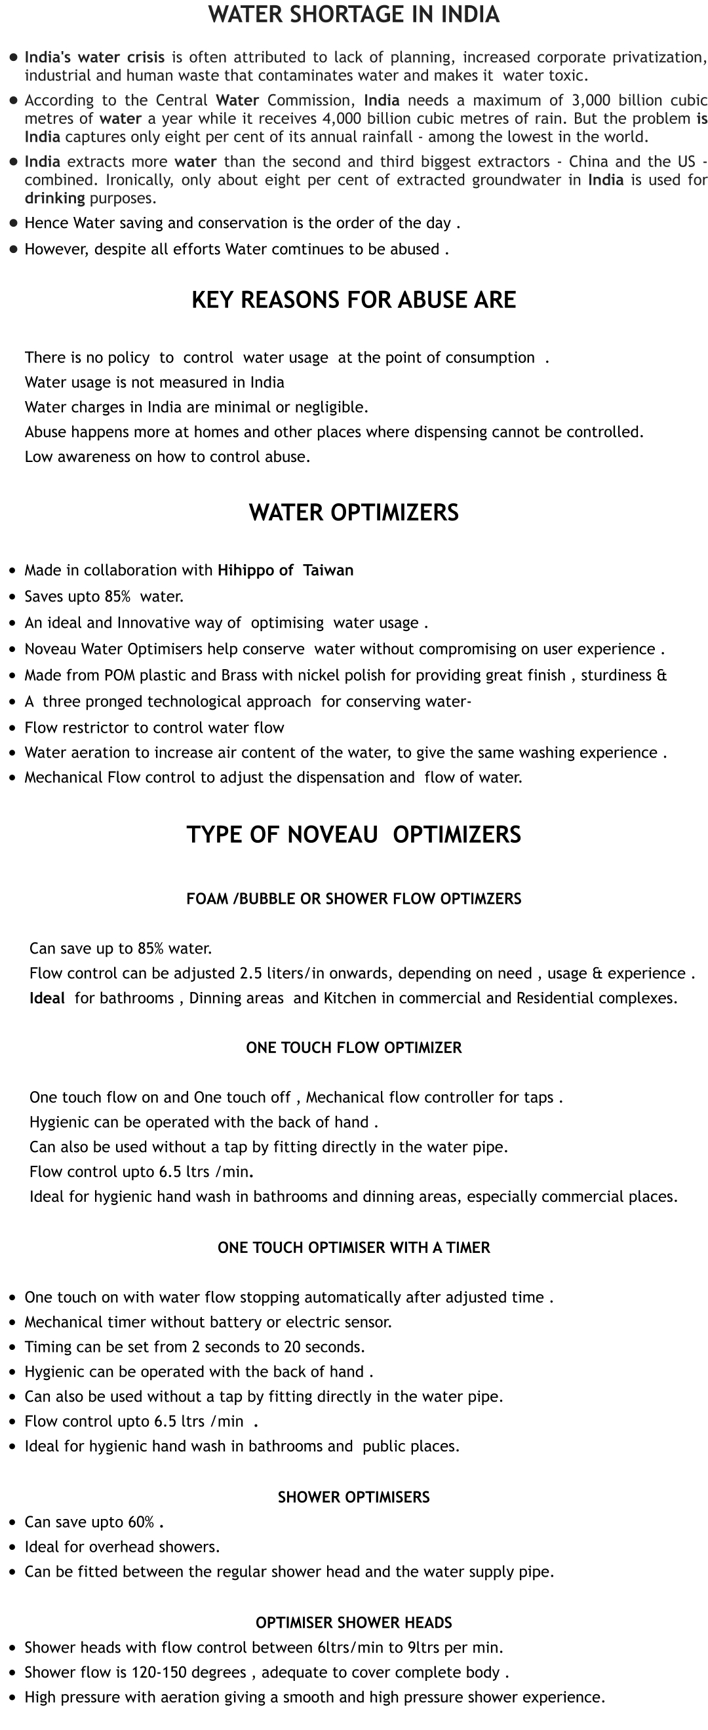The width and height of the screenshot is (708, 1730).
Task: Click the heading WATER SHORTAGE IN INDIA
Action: coord(353,15)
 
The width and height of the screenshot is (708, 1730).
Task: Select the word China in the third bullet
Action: coord(591,162)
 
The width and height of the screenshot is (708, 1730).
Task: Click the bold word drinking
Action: coord(54,199)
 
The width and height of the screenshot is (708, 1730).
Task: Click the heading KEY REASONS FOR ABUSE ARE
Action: coord(353,299)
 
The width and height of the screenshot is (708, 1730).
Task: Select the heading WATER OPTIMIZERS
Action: coord(353,512)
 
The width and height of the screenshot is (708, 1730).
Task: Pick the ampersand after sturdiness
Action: coord(661,675)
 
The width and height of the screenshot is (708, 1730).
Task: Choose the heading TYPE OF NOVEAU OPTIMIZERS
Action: coord(353,834)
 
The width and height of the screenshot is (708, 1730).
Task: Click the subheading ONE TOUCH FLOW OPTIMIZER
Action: coord(353,1048)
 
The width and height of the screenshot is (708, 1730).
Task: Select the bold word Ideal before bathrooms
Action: coord(47,998)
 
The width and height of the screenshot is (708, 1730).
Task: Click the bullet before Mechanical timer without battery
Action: coord(12,1322)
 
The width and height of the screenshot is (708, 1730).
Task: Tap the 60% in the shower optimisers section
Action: coord(141,1522)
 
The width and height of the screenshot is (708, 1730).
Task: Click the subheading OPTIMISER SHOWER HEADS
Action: coord(353,1623)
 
